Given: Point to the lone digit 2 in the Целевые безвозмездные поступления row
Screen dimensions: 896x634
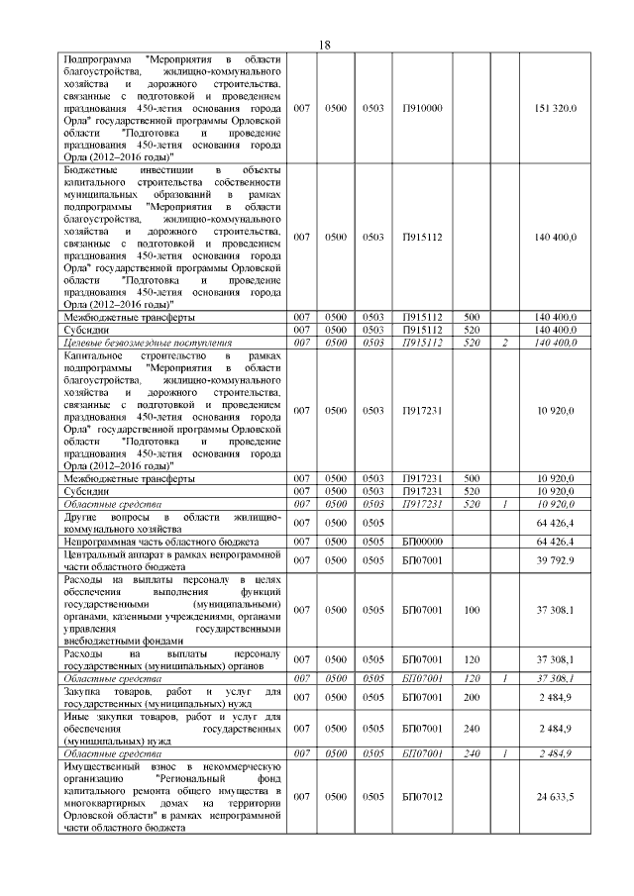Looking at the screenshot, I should point(504,343).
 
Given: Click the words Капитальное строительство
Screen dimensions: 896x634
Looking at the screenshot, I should point(115,355).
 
